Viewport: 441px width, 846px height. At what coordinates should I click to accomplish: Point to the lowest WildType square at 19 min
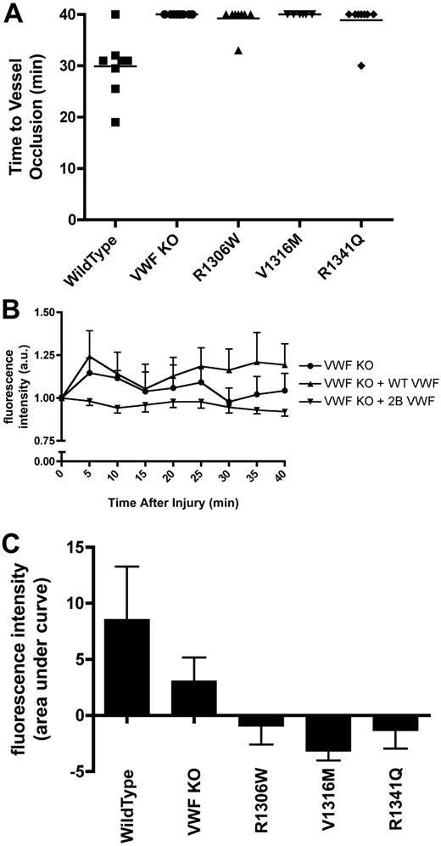click(115, 122)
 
